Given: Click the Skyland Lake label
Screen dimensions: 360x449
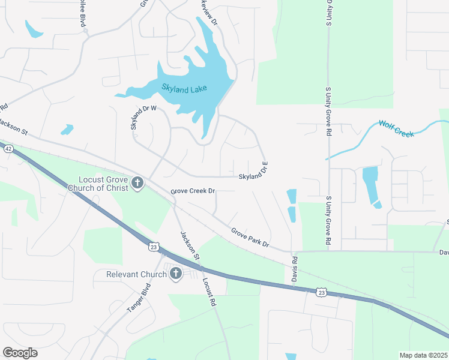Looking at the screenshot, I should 184,88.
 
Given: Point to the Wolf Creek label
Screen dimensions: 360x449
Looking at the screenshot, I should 396,128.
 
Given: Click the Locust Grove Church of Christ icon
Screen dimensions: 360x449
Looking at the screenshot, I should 137,182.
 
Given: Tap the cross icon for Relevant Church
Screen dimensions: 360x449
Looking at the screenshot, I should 176,274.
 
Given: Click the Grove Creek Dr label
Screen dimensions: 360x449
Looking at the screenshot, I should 193,191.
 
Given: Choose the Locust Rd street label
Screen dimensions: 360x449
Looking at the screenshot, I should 208,293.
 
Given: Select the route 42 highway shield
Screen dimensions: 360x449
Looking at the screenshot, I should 8,149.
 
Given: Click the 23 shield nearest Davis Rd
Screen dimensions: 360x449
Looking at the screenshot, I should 321,292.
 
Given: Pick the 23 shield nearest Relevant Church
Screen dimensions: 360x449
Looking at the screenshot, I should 154,246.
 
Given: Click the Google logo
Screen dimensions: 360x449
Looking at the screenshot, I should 20,353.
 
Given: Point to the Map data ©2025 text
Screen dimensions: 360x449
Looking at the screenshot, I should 423,355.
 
